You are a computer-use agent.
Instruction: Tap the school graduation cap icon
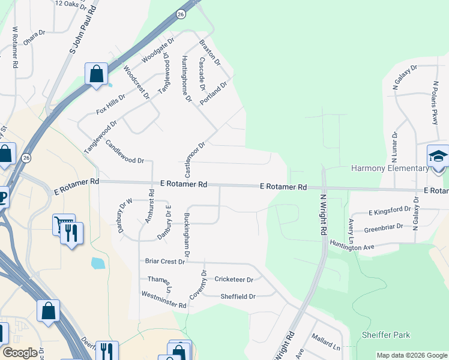tap(438, 157)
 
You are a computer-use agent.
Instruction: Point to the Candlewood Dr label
tap(124, 152)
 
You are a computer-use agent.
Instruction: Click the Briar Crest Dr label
tap(164, 262)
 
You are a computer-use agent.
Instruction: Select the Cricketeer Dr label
tap(234, 280)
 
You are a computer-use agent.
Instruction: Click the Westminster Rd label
tap(164, 299)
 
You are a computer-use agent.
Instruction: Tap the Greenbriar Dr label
tap(386, 229)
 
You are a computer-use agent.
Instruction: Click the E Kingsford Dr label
tap(390, 211)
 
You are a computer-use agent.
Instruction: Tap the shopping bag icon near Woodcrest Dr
tap(96, 75)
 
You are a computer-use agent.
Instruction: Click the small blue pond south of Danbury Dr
tap(97, 263)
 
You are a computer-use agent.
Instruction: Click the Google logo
tap(20, 353)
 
